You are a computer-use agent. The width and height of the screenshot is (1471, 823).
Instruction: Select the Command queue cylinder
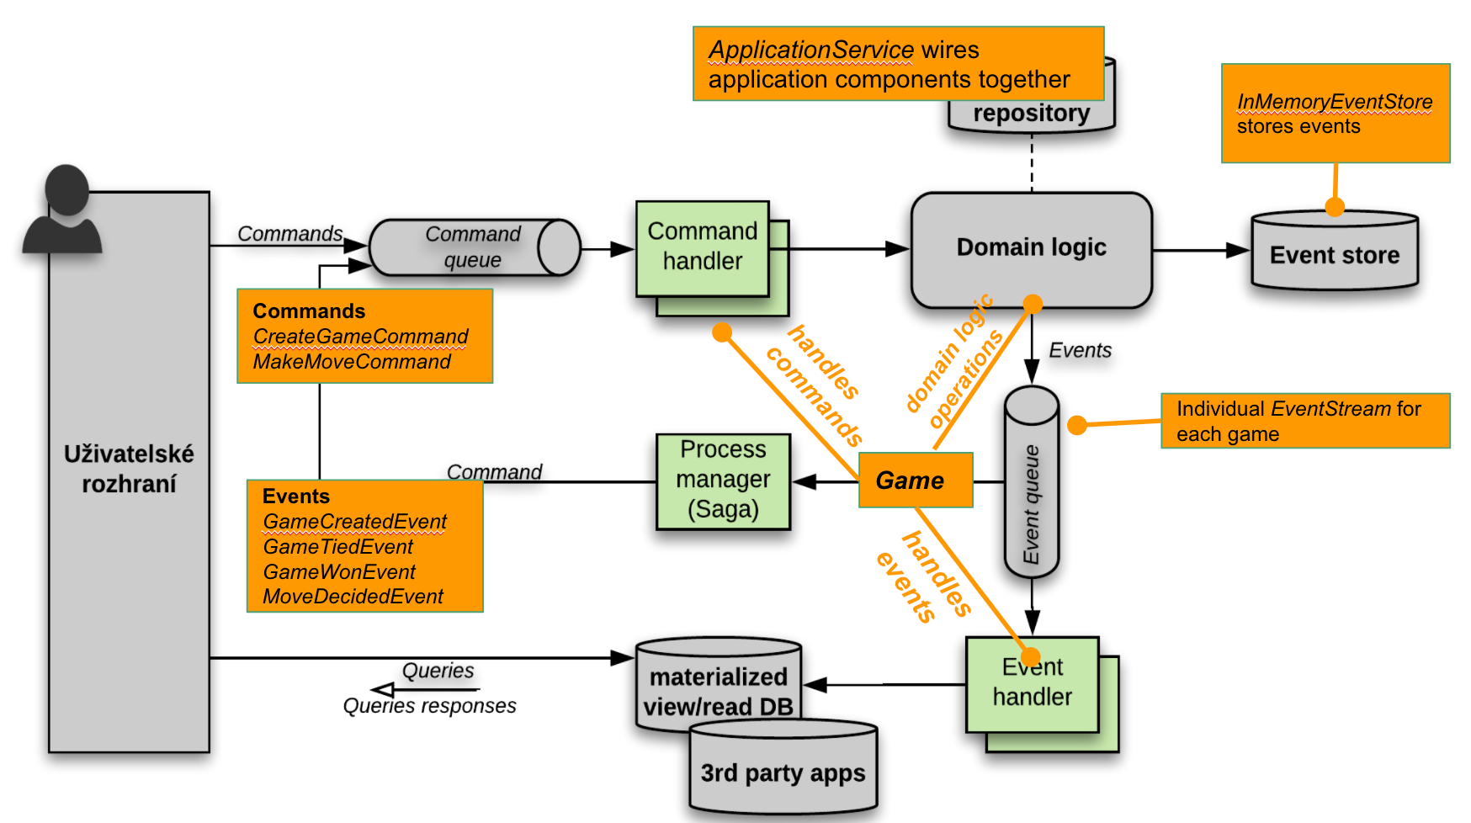tap(474, 247)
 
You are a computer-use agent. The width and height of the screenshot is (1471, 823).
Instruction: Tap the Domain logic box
tap(1031, 248)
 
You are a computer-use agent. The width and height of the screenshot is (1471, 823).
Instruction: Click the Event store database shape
tap(1335, 252)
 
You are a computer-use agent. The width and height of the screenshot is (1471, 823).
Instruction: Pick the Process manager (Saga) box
tap(723, 481)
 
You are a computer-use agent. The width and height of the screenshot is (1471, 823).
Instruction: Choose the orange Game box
tap(915, 481)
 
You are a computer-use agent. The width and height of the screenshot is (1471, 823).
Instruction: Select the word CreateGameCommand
tap(360, 337)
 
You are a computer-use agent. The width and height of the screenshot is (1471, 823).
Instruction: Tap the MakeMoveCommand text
tap(352, 362)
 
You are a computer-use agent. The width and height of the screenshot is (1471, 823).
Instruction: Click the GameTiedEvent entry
tap(337, 547)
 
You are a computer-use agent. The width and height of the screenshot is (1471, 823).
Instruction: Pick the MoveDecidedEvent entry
tap(353, 597)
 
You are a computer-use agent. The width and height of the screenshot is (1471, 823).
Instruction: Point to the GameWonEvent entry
tap(339, 572)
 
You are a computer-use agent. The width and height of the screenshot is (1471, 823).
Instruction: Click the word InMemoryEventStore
tap(1334, 102)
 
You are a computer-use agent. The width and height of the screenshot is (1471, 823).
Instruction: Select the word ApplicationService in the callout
tap(810, 50)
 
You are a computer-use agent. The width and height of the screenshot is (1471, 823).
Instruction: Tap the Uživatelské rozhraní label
tap(129, 469)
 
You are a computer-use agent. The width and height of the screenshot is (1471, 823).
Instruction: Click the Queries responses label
tap(429, 706)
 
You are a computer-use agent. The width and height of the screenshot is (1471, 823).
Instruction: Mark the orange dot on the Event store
tap(1335, 206)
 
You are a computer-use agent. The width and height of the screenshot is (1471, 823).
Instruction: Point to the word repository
tap(1031, 113)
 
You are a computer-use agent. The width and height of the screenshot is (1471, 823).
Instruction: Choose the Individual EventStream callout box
tap(1304, 421)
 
